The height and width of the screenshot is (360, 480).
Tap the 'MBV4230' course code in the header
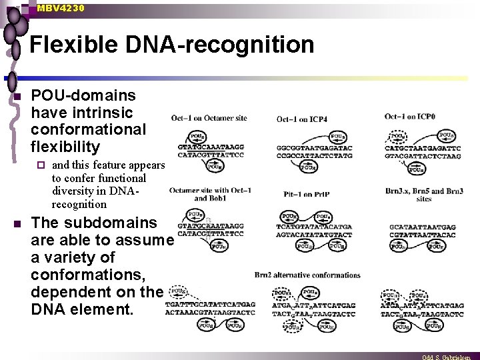pyautogui.click(x=61, y=8)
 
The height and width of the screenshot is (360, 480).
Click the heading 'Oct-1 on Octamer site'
pyautogui.click(x=209, y=118)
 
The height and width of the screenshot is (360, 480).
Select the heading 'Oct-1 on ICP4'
pyautogui.click(x=302, y=119)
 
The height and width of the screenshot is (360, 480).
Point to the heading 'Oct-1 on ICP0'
pyautogui.click(x=410, y=117)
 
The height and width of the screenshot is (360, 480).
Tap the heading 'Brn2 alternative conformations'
pyautogui.click(x=307, y=275)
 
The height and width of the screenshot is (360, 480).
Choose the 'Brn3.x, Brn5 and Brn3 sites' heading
pyautogui.click(x=424, y=195)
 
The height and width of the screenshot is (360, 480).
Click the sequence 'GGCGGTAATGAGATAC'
pyautogui.click(x=314, y=147)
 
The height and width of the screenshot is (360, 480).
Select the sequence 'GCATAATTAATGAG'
pyautogui.click(x=423, y=227)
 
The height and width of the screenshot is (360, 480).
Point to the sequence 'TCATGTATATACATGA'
pyautogui.click(x=314, y=227)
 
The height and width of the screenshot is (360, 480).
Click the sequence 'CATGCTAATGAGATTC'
pyautogui.click(x=423, y=148)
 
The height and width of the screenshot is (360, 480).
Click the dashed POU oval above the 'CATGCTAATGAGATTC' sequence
pyautogui.click(x=398, y=136)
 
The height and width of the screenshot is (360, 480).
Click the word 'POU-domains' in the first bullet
pyautogui.click(x=83, y=95)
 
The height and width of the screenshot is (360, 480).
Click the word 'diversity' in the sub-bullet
pyautogui.click(x=71, y=191)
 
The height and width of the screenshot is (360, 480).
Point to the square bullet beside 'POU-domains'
pyautogui.click(x=19, y=97)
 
